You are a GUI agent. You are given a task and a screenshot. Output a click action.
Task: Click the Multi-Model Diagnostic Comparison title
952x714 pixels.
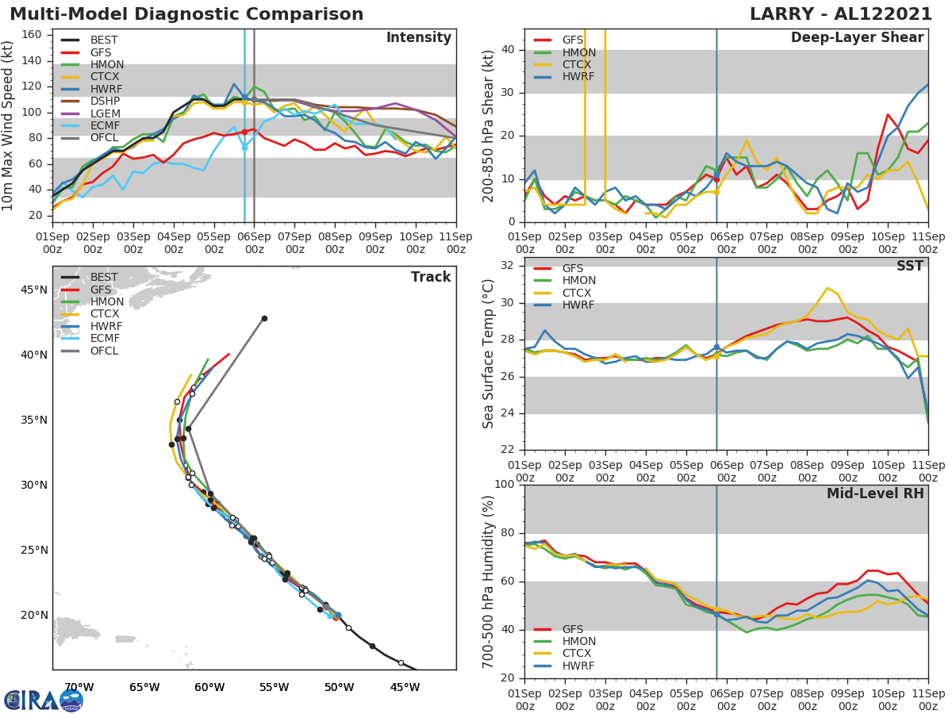186,14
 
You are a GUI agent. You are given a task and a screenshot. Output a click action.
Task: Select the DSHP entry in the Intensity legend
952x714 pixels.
105,101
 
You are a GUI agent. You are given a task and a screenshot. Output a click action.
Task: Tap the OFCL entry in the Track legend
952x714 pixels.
105,351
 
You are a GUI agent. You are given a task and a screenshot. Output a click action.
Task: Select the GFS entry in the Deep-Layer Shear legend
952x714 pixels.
572,40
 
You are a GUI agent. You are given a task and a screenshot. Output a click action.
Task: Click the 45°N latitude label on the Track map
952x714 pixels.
33,290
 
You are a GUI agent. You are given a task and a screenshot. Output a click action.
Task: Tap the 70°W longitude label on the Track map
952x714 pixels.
79,687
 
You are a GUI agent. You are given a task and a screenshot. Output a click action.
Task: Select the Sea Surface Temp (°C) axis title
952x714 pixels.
488,353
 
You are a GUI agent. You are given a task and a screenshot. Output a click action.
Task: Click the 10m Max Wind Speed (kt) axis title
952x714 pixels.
9,125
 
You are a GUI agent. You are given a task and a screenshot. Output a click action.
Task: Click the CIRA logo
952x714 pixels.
44,700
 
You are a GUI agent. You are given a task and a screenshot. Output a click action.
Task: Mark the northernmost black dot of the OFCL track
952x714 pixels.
264,319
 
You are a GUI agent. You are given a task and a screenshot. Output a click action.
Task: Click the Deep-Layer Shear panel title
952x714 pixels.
857,38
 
